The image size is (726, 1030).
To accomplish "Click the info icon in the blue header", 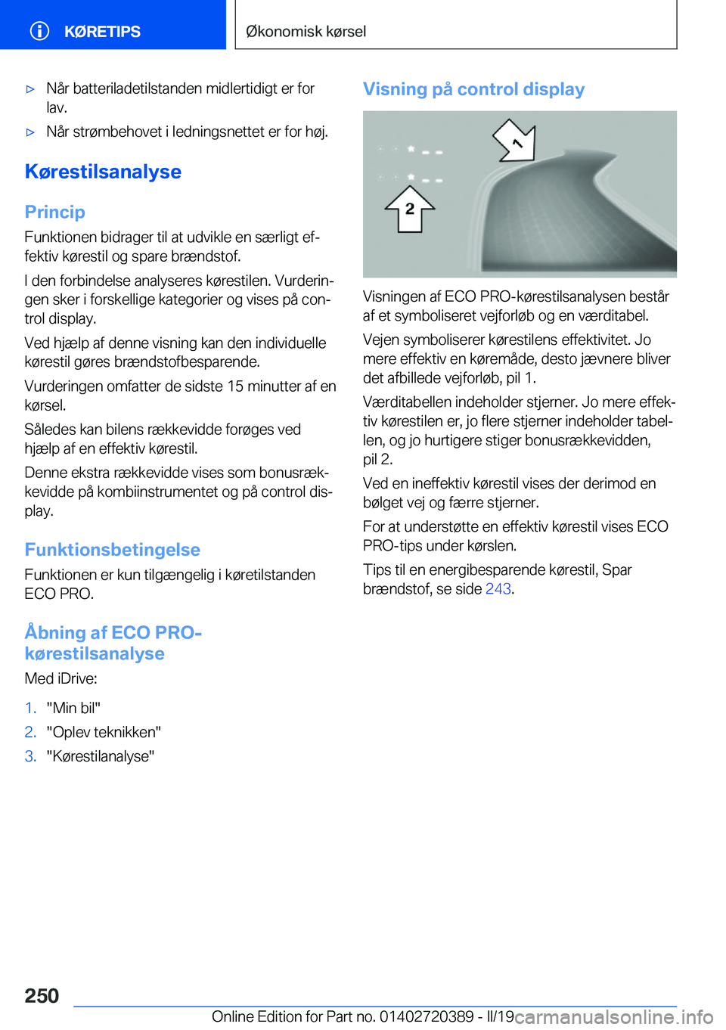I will click(39, 31).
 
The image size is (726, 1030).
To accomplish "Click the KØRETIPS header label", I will click(102, 32).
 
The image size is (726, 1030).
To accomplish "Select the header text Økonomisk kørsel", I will click(306, 32).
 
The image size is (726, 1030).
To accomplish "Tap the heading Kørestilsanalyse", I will click(103, 172).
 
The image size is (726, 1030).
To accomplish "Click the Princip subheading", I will click(54, 212).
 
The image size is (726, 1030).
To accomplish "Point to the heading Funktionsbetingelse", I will click(112, 550).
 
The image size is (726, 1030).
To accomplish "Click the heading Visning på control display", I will click(473, 89).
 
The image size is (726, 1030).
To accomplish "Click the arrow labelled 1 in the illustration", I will click(515, 141).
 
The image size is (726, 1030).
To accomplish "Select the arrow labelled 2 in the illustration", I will click(409, 209).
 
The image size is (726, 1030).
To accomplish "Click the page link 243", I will click(498, 589).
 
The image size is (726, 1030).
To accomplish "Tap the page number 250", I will click(42, 995).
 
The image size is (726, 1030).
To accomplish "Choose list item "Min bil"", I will click(73, 708).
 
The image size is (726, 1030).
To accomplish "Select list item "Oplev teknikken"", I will click(104, 732).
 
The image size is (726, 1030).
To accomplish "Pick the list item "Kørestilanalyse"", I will click(100, 756).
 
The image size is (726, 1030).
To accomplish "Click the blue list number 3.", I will click(30, 756).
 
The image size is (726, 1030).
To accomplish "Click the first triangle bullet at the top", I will click(30, 89).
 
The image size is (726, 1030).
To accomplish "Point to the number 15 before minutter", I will click(236, 386).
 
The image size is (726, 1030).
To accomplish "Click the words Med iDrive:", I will click(60, 678).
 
